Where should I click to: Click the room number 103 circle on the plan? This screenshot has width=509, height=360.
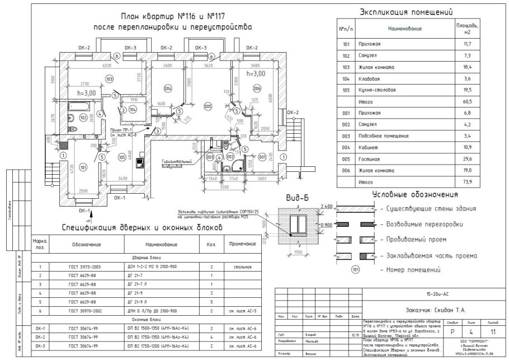[109, 79]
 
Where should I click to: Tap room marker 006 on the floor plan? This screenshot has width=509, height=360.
[257, 88]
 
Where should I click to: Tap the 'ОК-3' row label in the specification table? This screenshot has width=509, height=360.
[40, 345]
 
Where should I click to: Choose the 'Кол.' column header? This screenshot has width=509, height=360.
[211, 245]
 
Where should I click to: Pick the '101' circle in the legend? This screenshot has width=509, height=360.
[355, 270]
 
